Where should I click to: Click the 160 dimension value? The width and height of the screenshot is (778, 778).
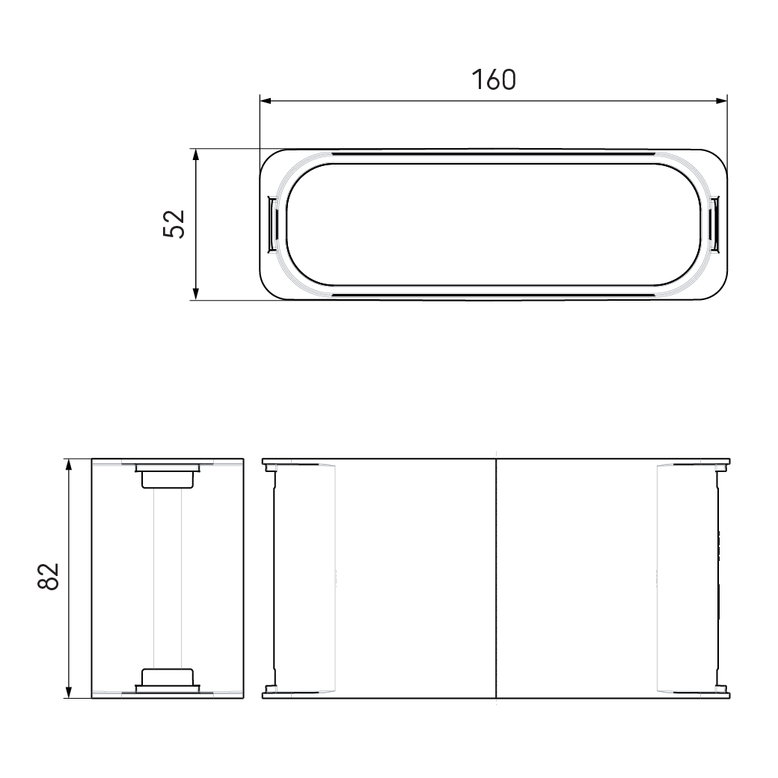click(x=494, y=79)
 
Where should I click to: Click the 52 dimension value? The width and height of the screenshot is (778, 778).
click(x=174, y=224)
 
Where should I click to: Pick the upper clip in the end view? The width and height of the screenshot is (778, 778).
click(x=168, y=477)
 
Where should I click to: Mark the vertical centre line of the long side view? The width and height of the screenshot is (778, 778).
click(x=497, y=578)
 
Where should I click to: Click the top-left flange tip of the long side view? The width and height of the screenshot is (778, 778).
click(x=265, y=462)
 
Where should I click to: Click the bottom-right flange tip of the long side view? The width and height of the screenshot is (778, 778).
click(x=728, y=695)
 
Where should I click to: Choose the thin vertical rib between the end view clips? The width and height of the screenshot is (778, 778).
click(x=168, y=578)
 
